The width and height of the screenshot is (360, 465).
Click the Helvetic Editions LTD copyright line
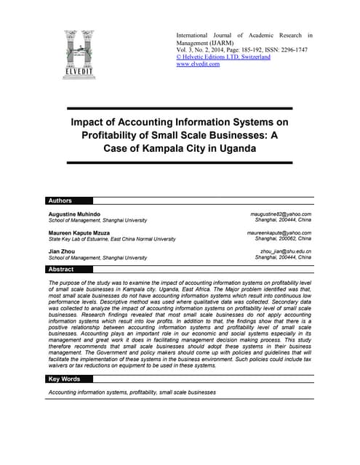tap(223, 57)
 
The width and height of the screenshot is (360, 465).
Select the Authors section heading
tap(60, 201)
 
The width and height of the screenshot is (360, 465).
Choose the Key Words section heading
tap(64, 379)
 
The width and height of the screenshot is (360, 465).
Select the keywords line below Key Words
tap(132, 392)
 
